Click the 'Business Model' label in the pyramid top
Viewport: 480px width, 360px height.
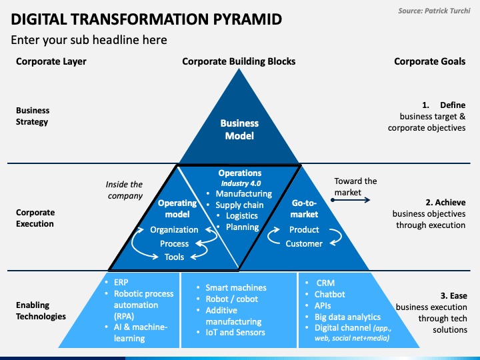pyautogui.click(x=239, y=129)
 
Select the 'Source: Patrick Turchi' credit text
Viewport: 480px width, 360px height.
pyautogui.click(x=435, y=11)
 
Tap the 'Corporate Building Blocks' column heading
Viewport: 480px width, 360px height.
pyautogui.click(x=239, y=61)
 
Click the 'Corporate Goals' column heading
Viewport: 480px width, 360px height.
pyautogui.click(x=430, y=61)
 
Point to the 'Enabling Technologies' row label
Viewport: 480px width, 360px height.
pyautogui.click(x=41, y=311)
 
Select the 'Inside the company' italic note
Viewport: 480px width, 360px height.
pyautogui.click(x=125, y=190)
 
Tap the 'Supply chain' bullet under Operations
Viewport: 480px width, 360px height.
pyautogui.click(x=239, y=205)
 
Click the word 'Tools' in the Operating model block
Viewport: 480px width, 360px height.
pyautogui.click(x=174, y=257)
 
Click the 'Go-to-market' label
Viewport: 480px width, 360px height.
pyautogui.click(x=305, y=208)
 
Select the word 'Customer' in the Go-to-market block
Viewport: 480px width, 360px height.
pyautogui.click(x=304, y=243)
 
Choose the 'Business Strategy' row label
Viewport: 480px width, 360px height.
pyautogui.click(x=33, y=116)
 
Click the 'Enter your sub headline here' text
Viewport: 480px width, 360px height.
pyautogui.click(x=89, y=40)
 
